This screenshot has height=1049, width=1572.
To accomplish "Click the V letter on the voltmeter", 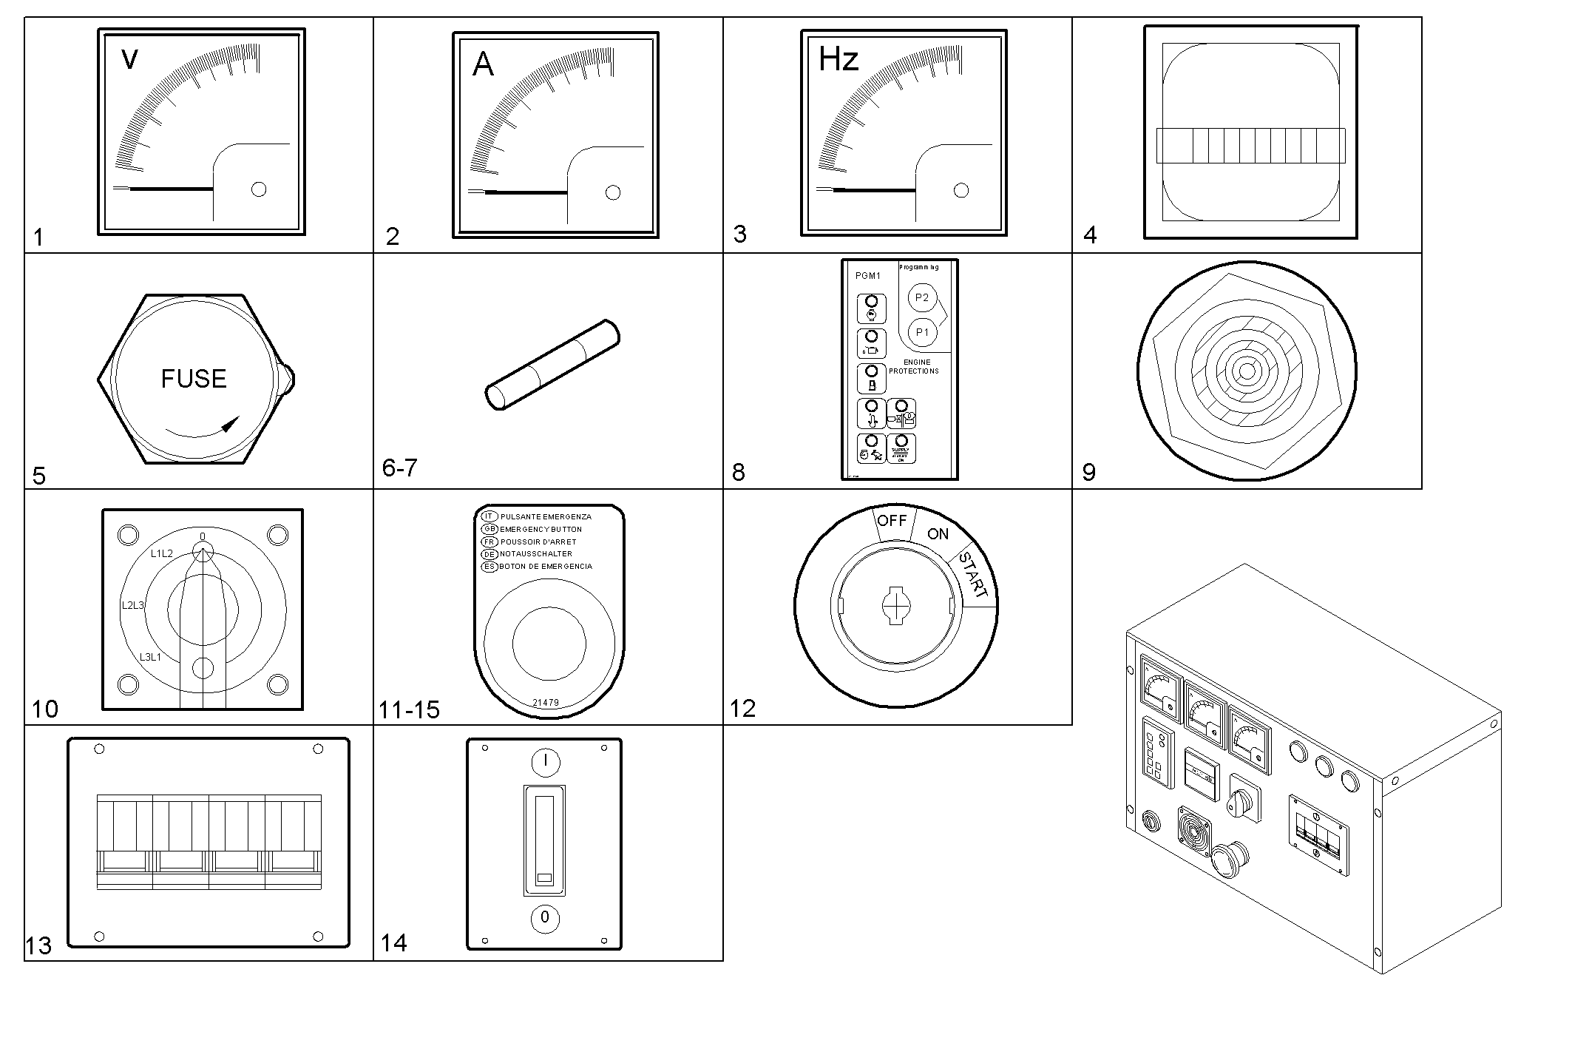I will point(129,59).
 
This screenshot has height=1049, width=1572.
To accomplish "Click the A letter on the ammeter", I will point(483,65).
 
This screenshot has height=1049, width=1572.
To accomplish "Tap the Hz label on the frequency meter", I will point(838,59).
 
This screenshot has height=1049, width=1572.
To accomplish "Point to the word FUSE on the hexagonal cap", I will point(194,379).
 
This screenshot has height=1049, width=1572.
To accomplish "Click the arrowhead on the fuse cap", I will point(231,424).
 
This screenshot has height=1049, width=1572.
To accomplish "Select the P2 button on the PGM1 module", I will point(922,297).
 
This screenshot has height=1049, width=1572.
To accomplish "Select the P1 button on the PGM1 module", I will point(922,332).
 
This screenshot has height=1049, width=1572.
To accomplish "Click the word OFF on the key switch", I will point(892,521).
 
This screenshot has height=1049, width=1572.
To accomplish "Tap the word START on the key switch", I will point(973,575).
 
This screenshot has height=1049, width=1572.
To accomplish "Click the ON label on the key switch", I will point(938,534).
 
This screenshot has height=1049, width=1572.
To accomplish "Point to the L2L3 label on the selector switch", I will point(133,605).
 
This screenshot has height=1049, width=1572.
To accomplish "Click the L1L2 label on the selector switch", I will point(162,553).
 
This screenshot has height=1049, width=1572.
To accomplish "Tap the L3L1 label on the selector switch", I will point(150,657).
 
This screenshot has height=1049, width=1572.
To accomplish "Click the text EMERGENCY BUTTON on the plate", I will point(541,530).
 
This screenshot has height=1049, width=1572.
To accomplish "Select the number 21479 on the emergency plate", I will point(546,703).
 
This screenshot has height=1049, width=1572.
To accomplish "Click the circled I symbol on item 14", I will point(545,761).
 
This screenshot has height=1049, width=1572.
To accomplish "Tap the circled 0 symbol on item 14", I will point(545,917).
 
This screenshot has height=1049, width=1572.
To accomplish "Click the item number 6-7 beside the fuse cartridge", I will point(399,468).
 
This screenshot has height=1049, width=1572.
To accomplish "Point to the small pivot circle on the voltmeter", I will point(259,189).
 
